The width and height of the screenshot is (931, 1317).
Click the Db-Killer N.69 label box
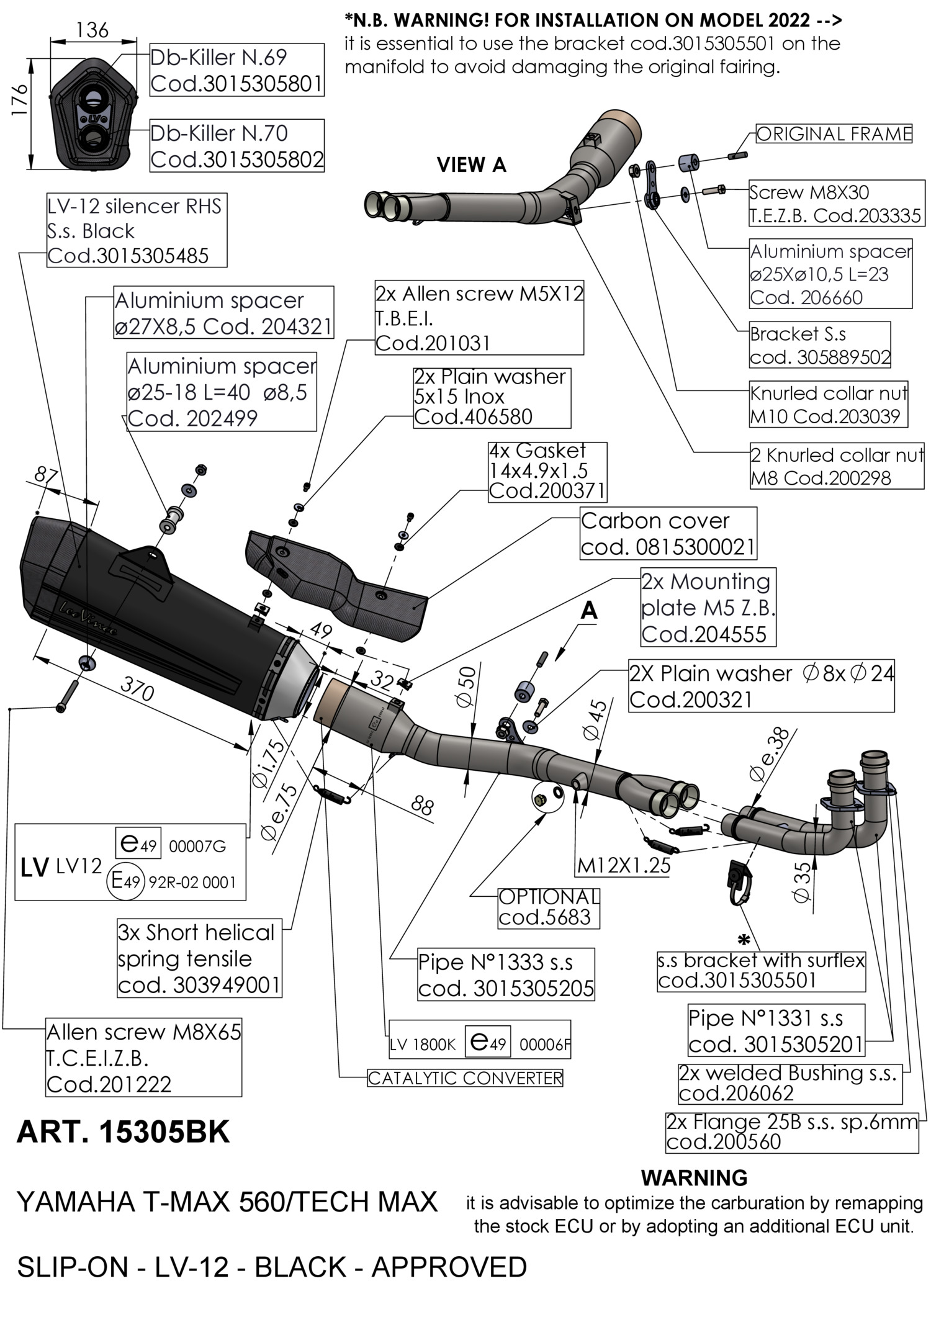236,70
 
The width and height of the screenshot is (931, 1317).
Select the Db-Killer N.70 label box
236,146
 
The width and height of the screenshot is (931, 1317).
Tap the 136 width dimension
93,30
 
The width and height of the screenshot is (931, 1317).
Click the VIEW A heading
471,165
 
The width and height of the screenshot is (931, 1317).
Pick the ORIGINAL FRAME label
834,134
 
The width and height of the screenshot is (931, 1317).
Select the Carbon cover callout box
668,534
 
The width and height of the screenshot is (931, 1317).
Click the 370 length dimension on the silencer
137,689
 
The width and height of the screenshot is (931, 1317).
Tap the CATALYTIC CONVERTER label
465,1078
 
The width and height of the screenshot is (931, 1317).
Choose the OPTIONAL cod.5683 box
549,907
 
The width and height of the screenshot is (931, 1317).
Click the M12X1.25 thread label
624,865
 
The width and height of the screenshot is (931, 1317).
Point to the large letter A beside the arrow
588,611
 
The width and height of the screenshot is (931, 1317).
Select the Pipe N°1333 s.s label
505,974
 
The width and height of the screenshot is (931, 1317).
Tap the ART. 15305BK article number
123,1132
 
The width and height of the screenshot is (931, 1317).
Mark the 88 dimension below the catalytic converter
422,806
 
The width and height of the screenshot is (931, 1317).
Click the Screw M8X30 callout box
835,204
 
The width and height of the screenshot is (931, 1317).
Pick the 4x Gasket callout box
547,471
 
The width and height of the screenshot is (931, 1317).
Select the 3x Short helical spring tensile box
199,958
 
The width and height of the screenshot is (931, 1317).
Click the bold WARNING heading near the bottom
694,1177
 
